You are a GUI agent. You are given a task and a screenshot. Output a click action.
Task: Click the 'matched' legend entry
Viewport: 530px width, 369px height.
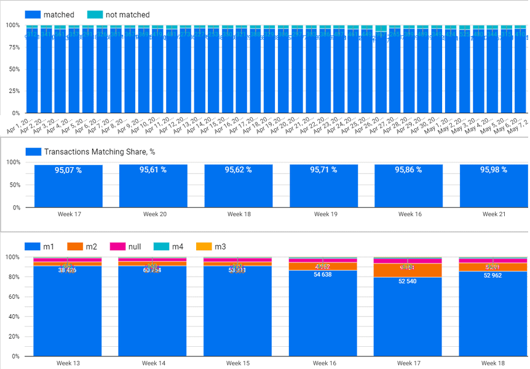click(x=59, y=15)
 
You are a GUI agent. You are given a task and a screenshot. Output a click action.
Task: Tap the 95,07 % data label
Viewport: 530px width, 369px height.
click(x=68, y=170)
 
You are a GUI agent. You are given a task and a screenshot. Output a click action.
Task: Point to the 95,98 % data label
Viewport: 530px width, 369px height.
click(x=493, y=170)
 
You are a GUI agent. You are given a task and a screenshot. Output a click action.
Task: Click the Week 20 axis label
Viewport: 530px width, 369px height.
click(x=153, y=214)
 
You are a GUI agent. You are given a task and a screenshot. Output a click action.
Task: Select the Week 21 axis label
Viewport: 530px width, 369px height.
click(x=493, y=214)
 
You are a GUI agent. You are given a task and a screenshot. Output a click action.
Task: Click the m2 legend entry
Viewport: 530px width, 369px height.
click(x=91, y=246)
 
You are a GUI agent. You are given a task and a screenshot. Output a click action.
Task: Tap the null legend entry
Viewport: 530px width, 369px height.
click(x=133, y=246)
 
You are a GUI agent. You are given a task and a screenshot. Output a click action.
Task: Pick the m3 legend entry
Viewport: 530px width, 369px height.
click(x=219, y=246)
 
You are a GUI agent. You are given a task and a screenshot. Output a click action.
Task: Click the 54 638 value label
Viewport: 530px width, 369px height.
click(x=323, y=275)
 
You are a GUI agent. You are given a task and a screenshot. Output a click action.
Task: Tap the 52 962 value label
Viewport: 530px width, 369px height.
click(x=492, y=275)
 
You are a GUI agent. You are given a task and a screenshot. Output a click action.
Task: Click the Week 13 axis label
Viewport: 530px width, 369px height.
click(x=68, y=363)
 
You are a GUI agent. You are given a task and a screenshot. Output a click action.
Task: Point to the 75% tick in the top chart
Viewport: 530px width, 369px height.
click(x=12, y=47)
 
